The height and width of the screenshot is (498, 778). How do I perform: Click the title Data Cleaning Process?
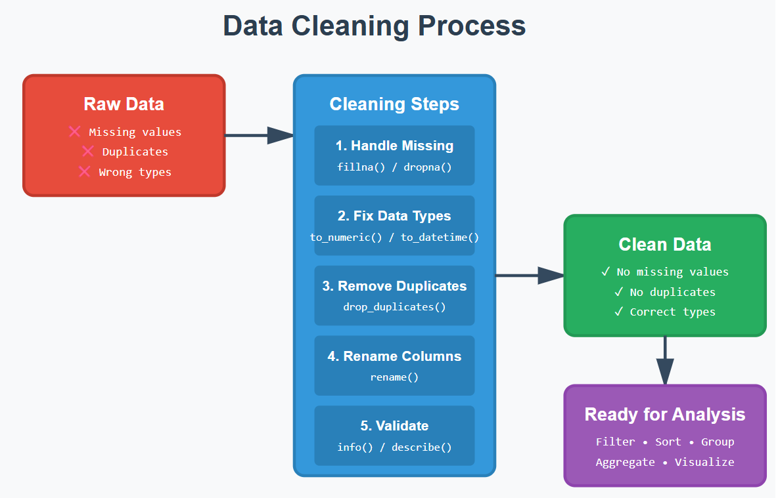tap(374, 27)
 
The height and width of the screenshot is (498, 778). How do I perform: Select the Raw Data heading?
tap(124, 104)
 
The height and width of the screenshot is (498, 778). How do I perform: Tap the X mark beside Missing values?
tap(75, 132)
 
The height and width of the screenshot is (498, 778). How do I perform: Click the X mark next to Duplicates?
tap(88, 152)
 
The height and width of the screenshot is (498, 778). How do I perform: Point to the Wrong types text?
tap(135, 172)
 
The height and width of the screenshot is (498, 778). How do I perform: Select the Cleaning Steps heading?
tap(394, 104)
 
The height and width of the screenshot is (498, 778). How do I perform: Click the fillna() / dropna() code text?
tap(394, 167)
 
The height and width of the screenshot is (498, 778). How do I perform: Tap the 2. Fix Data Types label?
tap(394, 216)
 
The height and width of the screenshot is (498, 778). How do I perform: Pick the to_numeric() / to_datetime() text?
tap(394, 237)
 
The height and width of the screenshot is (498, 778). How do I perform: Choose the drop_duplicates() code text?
tap(394, 306)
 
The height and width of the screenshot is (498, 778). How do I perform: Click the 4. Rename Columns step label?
tap(394, 356)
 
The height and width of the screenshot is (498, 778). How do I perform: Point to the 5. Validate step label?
tap(394, 426)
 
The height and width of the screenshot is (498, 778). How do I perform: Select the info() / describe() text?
tap(394, 447)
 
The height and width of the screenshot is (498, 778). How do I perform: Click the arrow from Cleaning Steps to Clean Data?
tap(529, 276)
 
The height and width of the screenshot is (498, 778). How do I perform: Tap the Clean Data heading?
tap(665, 245)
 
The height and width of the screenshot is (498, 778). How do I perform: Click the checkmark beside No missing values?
tap(606, 272)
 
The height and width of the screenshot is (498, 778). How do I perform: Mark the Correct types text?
tap(672, 312)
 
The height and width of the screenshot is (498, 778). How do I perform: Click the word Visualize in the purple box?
tap(704, 462)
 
